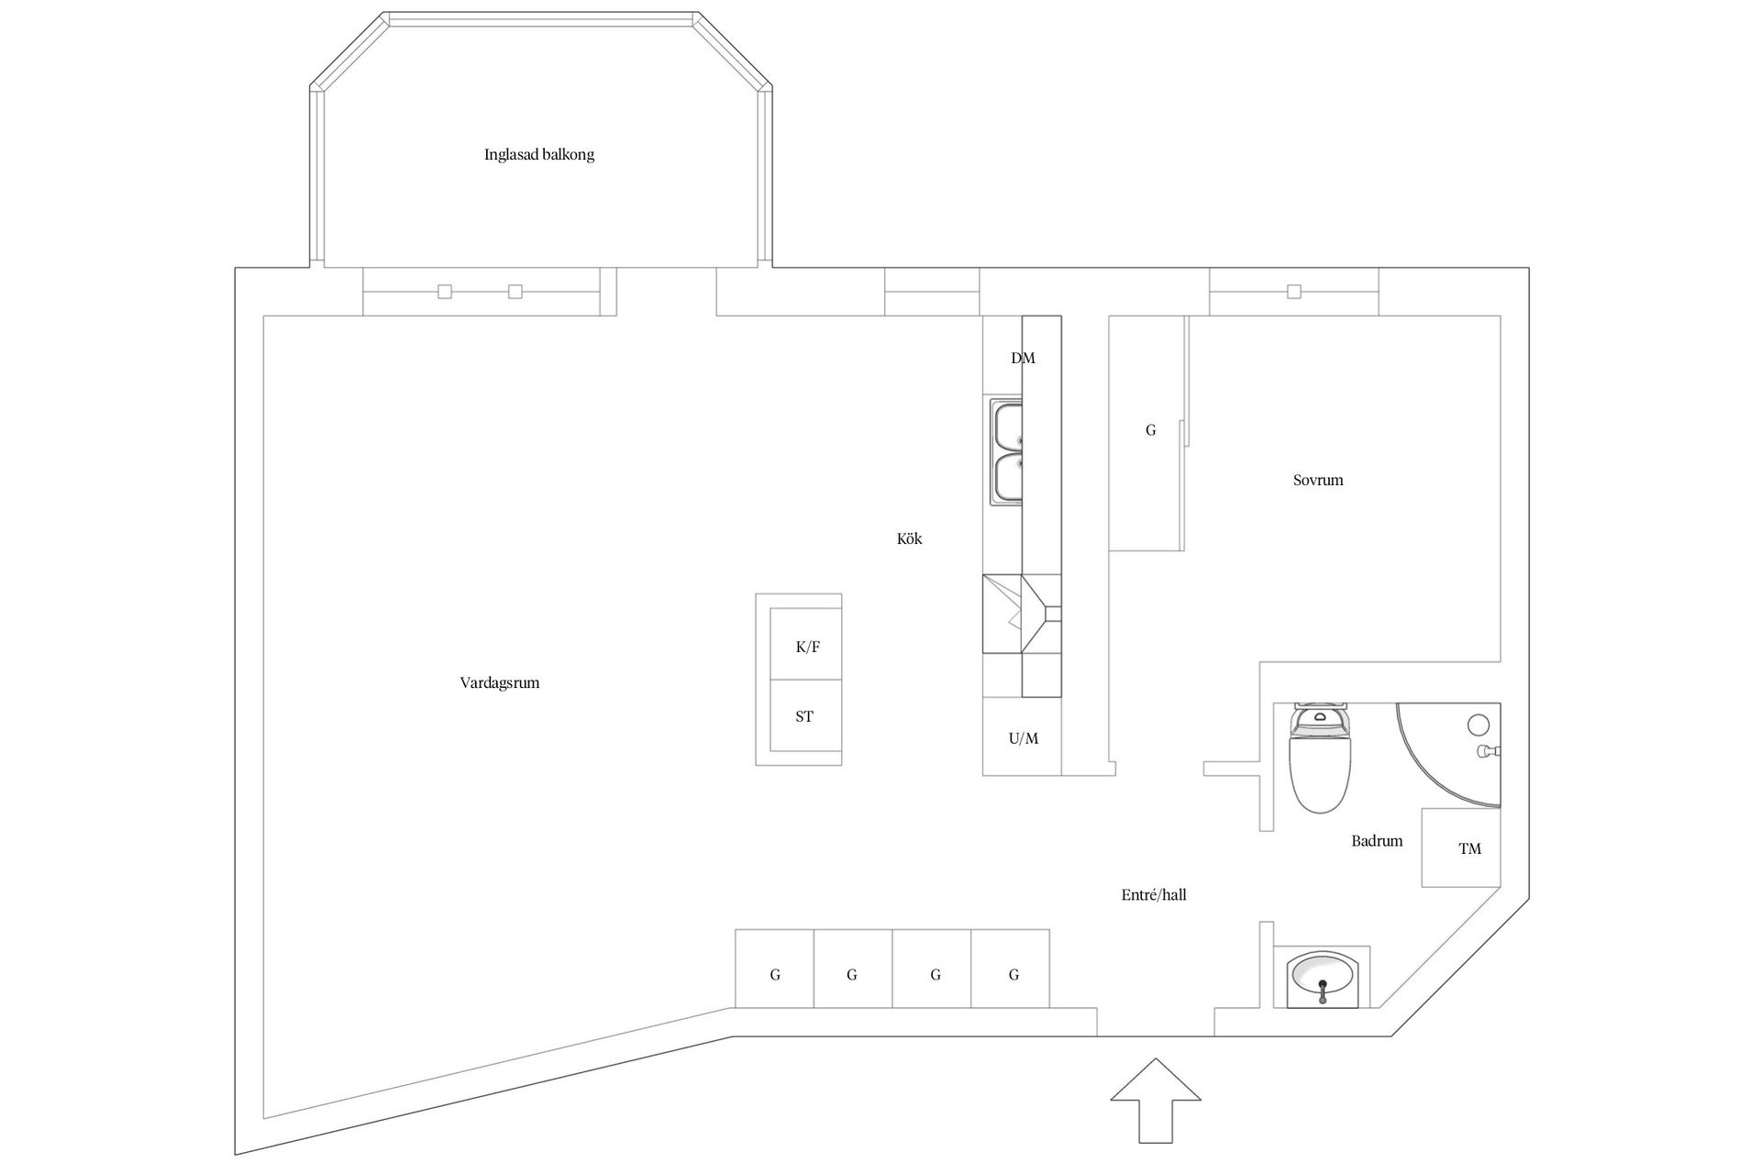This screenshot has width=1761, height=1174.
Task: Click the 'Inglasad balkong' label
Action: click(539, 155)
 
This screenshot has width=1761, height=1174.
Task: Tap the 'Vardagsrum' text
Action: click(500, 683)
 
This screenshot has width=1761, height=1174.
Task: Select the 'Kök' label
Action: click(909, 539)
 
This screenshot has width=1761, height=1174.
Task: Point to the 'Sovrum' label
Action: click(1318, 481)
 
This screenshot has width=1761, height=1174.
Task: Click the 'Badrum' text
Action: click(1377, 841)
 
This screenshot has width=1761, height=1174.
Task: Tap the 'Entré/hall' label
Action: click(1154, 895)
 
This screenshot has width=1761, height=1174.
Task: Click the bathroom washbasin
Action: click(1322, 980)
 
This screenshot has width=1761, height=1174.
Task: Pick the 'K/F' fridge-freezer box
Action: click(806, 646)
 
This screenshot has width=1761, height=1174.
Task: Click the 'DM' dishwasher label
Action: click(1023, 359)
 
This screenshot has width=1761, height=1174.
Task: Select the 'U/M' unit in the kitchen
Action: click(1023, 737)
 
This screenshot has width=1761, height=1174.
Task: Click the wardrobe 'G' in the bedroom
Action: click(1150, 430)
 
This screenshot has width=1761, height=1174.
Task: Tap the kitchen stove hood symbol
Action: click(1022, 614)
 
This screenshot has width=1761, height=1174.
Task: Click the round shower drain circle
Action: click(1478, 725)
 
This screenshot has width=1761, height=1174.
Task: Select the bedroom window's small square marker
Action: click(1294, 292)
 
